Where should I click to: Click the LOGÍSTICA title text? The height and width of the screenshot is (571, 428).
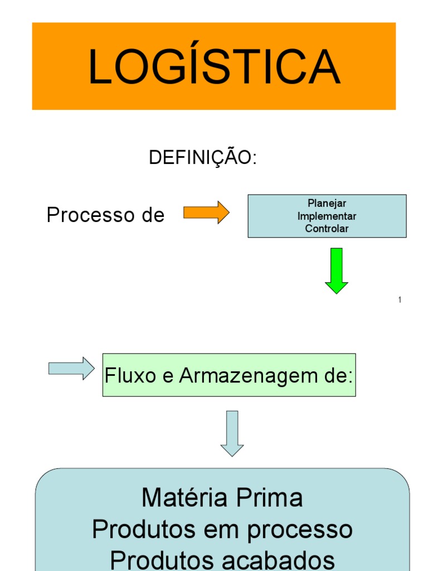[214, 66]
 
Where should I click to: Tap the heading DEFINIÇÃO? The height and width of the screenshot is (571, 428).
[202, 158]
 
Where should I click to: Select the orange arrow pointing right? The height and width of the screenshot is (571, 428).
[206, 212]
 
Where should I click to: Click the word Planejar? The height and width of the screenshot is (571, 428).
[327, 204]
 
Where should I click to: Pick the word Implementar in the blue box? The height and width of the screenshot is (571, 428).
[327, 216]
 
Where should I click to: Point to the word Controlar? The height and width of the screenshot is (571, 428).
[327, 228]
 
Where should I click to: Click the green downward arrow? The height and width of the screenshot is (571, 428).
[337, 270]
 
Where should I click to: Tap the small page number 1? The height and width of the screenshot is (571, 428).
[400, 300]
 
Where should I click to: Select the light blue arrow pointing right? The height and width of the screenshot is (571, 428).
[71, 369]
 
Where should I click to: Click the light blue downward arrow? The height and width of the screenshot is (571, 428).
[232, 433]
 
